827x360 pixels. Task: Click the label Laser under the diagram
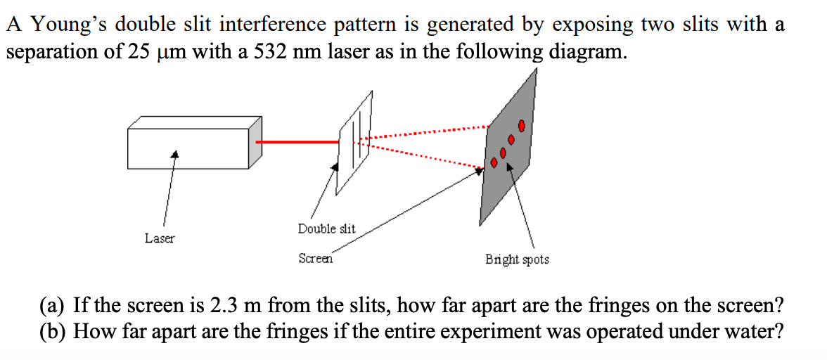(x=160, y=238)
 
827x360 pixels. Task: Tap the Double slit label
(x=326, y=229)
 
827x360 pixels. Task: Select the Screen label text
(x=315, y=259)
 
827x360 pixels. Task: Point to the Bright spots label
(x=517, y=259)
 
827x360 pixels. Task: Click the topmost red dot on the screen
(x=521, y=126)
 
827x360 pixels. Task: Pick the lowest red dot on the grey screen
(x=494, y=163)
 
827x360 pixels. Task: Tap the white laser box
(x=190, y=148)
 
